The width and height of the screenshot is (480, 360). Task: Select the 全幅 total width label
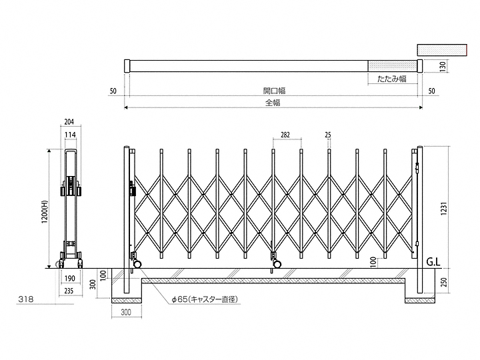(x=273, y=103)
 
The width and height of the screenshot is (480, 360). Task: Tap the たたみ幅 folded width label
(x=392, y=78)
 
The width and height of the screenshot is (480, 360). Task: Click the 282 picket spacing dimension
(x=285, y=135)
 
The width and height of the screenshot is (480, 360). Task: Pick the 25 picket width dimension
(x=328, y=135)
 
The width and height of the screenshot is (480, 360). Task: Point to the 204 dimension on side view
(x=70, y=123)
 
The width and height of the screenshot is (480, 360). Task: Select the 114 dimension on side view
(x=70, y=135)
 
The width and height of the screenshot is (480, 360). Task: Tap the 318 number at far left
(x=26, y=300)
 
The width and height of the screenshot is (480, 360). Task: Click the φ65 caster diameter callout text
(x=204, y=300)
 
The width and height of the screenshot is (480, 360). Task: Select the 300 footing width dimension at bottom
(x=126, y=312)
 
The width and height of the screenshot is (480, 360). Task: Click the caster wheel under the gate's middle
(x=276, y=265)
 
